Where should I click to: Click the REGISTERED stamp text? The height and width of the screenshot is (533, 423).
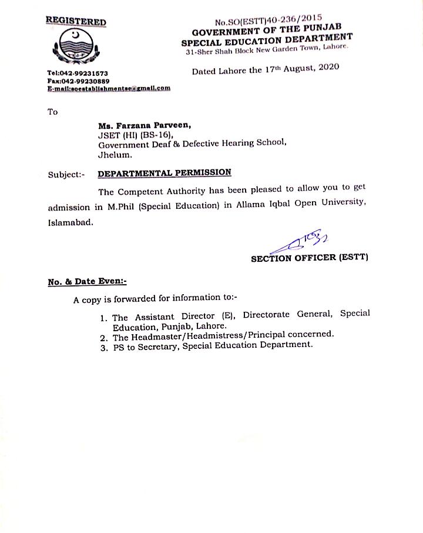coord(76,22)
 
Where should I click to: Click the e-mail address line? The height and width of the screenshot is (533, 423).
coord(109,88)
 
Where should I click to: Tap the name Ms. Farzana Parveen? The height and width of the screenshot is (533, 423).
coord(141,125)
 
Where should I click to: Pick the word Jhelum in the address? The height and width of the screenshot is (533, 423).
coord(114,156)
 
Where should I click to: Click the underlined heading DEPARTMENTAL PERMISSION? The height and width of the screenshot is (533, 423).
coord(164,173)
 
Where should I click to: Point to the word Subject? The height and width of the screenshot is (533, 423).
coord(66,174)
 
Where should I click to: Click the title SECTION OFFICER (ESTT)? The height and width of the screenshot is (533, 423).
coord(309,258)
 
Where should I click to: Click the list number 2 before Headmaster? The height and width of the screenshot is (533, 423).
coord(103,338)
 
